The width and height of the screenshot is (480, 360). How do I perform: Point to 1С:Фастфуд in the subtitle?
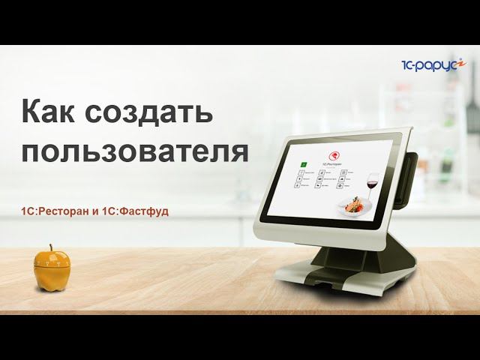tap(139, 211)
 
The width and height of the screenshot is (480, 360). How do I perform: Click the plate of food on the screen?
tap(354, 204)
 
